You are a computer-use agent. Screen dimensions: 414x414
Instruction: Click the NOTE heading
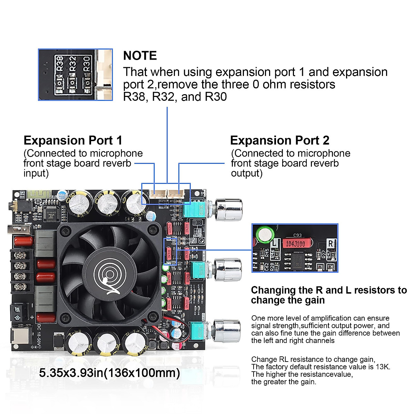click(x=140, y=56)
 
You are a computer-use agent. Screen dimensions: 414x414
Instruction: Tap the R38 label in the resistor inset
click(x=60, y=63)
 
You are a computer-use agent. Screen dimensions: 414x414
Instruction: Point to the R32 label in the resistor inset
click(x=73, y=63)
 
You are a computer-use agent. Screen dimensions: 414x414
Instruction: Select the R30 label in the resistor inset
click(x=86, y=63)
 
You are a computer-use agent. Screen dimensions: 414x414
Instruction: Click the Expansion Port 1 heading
click(x=73, y=140)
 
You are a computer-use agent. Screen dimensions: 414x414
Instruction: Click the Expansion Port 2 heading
click(x=279, y=140)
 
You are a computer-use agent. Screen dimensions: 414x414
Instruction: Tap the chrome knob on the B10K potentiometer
click(x=229, y=209)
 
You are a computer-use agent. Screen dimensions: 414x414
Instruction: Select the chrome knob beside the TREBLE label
click(x=229, y=270)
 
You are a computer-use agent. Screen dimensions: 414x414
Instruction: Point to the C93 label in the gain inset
click(x=297, y=235)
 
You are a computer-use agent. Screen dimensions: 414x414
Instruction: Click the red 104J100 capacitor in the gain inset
click(x=296, y=244)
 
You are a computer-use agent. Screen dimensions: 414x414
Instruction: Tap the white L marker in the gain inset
click(x=275, y=243)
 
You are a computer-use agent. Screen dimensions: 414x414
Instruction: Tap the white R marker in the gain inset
click(x=331, y=243)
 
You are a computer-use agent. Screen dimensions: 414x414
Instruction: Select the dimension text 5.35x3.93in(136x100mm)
click(x=109, y=373)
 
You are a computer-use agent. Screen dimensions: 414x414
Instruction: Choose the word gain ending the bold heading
click(x=315, y=300)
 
